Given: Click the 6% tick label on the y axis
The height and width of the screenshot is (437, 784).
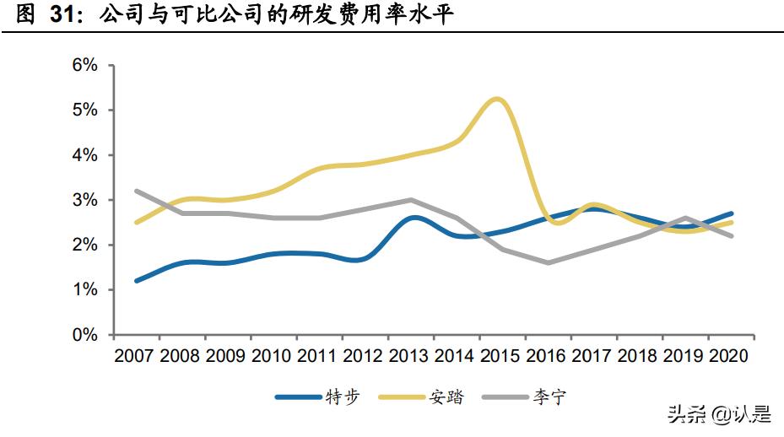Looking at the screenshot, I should pos(86,66).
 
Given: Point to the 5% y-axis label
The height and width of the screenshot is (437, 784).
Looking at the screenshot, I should pos(86,111).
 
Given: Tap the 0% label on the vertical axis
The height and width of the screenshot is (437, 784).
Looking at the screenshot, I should pos(86,335).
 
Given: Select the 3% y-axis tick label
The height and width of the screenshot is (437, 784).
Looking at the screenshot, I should pos(86,201).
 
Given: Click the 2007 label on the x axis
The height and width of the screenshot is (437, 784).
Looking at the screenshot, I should pos(135,357).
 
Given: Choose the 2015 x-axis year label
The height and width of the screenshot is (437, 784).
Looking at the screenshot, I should pos(502,357).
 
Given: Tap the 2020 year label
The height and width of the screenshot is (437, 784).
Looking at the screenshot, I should pos(731,357).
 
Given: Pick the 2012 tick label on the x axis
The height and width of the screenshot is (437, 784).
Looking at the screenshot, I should pos(365,357).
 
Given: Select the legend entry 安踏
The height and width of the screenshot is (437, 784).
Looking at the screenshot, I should pos(447,397).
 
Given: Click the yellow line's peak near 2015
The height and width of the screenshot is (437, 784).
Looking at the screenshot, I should pos(497,99).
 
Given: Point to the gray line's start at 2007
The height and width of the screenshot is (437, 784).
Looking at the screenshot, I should pos(137,191).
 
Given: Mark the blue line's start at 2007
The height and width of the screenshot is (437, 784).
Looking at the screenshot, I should pos(137,281).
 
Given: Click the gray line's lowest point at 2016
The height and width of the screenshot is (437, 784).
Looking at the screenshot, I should pos(549,262).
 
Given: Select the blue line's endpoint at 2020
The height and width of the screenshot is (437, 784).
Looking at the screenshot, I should pos(731,213).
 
